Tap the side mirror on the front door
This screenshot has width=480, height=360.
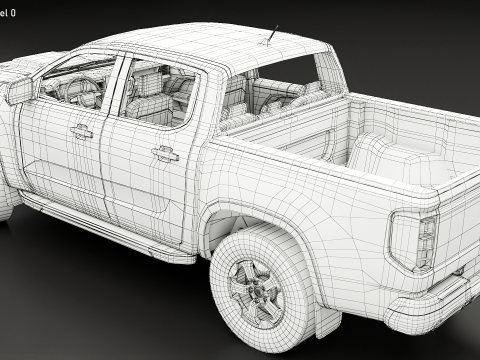coord(21,91)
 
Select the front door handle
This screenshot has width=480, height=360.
coord(81,131)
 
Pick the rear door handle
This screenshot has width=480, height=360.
coord(165,153)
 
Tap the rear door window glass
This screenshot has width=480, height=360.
coord(160,94)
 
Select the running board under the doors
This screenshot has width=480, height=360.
coord(110,229)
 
